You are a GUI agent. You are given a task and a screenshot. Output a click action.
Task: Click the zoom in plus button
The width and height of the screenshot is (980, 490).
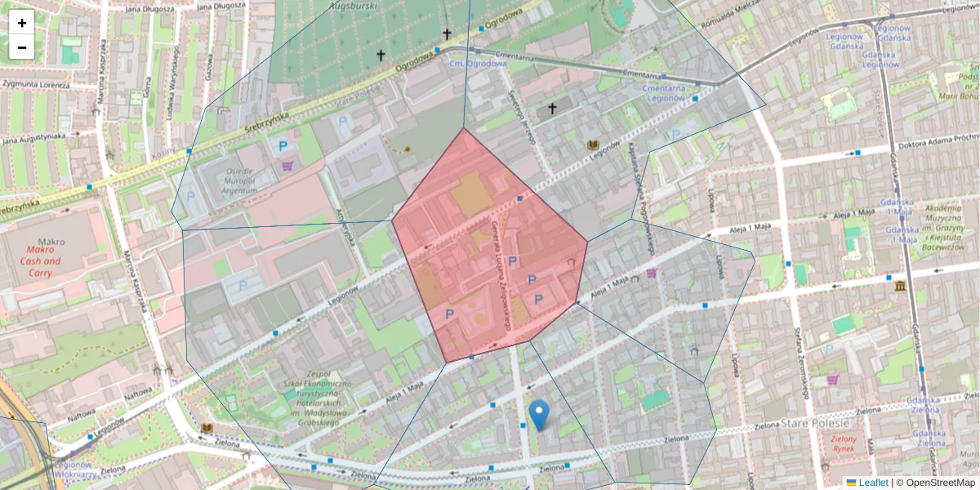tap(22, 23)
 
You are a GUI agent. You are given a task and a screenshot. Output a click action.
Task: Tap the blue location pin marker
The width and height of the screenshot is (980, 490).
tap(539, 414)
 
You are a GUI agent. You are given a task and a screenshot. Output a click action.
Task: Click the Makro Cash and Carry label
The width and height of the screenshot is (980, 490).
tap(42, 261)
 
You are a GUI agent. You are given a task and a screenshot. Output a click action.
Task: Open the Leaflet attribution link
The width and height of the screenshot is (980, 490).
tap(872, 483)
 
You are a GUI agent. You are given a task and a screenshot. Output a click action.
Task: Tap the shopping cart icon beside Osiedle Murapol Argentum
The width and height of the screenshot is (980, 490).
tap(287, 166)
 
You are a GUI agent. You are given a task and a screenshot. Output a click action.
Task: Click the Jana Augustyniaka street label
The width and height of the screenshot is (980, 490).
tap(33, 138)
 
